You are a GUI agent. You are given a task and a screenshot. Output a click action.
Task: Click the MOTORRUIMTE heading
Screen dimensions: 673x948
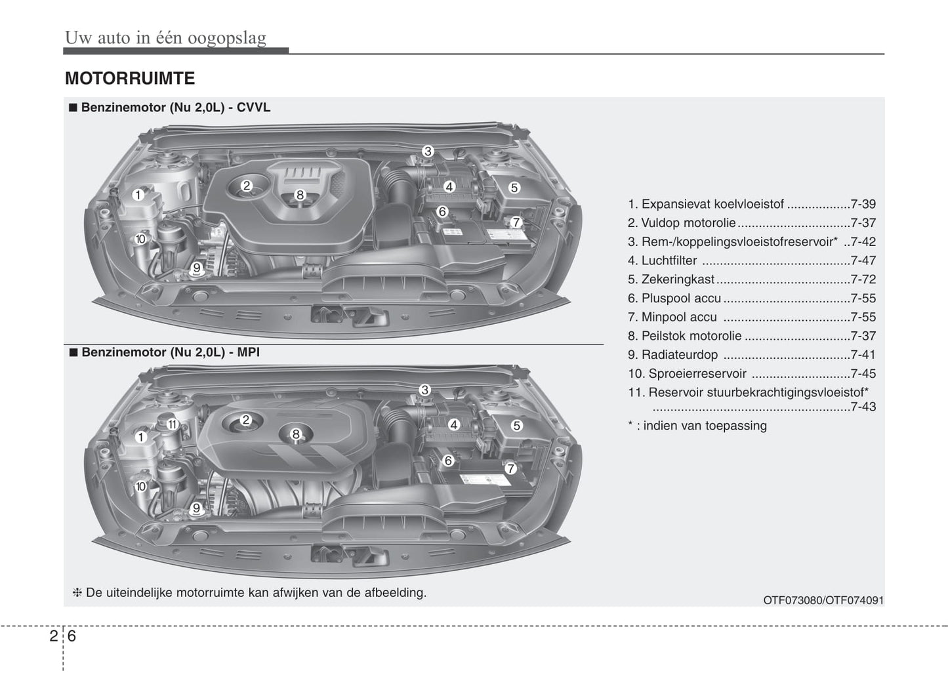click(x=130, y=79)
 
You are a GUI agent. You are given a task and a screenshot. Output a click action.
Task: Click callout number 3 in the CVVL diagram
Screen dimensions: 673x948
click(x=428, y=152)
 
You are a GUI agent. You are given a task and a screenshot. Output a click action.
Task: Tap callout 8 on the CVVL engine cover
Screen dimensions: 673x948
click(x=300, y=195)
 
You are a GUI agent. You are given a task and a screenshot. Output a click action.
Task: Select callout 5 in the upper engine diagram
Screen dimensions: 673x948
click(x=514, y=188)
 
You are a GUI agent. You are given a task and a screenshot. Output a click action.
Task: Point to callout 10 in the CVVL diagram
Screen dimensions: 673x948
click(x=140, y=239)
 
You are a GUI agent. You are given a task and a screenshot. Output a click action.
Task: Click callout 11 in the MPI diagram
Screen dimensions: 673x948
click(x=172, y=424)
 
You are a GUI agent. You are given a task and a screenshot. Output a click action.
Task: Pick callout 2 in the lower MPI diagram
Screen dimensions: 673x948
click(x=246, y=420)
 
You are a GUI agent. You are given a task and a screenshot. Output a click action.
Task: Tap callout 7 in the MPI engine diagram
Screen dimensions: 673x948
click(x=510, y=468)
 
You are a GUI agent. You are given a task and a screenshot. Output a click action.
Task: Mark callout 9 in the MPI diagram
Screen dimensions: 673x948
click(x=196, y=508)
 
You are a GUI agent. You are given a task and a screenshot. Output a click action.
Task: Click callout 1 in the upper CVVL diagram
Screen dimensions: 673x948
click(x=138, y=195)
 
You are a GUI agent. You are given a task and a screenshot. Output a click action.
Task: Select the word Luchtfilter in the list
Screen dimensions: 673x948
click(x=669, y=260)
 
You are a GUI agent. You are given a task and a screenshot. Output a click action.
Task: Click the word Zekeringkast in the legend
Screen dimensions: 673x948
click(x=678, y=279)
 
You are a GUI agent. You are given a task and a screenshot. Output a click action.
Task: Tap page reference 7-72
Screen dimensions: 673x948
click(x=863, y=279)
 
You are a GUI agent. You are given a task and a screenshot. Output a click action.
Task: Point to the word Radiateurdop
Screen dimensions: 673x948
click(x=680, y=355)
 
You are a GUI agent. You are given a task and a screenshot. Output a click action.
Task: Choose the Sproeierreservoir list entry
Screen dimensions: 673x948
click(x=697, y=374)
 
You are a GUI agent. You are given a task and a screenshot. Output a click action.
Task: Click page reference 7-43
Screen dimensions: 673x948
click(x=863, y=407)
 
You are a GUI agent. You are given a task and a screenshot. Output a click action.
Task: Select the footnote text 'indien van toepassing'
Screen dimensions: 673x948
click(x=705, y=426)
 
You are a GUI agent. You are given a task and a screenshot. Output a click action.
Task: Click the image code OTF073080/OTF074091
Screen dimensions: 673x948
click(x=823, y=600)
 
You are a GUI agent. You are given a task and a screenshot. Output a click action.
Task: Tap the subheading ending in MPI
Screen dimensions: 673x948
click(x=171, y=352)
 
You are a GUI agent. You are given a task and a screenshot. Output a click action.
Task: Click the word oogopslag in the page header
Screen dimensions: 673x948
click(x=227, y=37)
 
